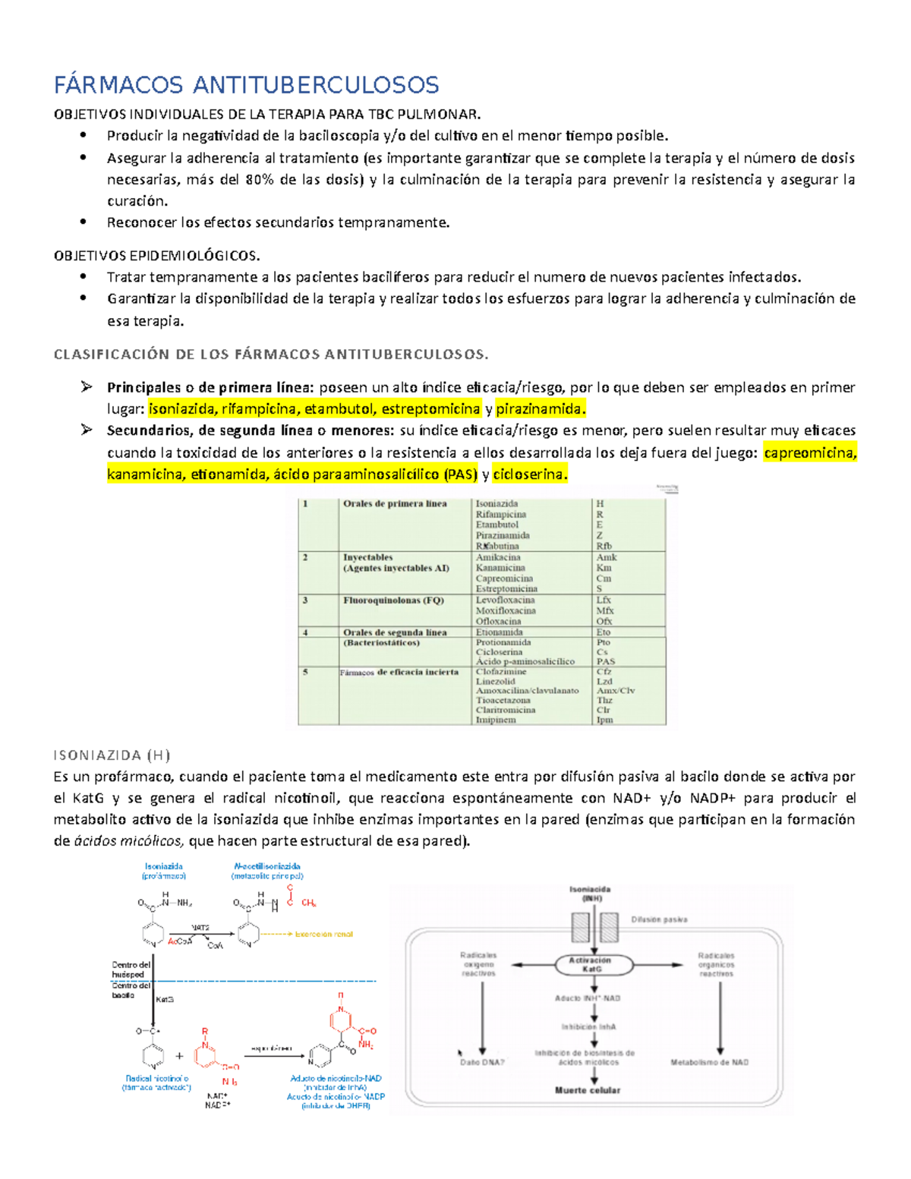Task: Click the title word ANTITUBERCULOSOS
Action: click(315, 84)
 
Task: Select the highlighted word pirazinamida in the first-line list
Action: click(540, 409)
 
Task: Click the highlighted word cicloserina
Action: click(529, 474)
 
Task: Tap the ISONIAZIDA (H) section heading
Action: click(112, 755)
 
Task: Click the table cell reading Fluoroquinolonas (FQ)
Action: click(393, 600)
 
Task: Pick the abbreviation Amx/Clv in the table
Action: click(616, 691)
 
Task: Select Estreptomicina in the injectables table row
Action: click(506, 588)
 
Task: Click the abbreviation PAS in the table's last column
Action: click(605, 661)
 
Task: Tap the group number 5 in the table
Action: click(305, 672)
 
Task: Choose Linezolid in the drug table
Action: click(495, 681)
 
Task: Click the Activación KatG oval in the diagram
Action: click(591, 964)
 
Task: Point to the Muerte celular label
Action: click(588, 1090)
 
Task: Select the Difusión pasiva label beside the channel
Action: click(659, 919)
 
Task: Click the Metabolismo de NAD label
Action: click(709, 1062)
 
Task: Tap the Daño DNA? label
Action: click(482, 1062)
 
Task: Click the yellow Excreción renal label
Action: click(323, 935)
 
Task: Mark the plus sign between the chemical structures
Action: click(179, 1056)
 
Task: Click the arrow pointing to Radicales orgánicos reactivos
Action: click(660, 965)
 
